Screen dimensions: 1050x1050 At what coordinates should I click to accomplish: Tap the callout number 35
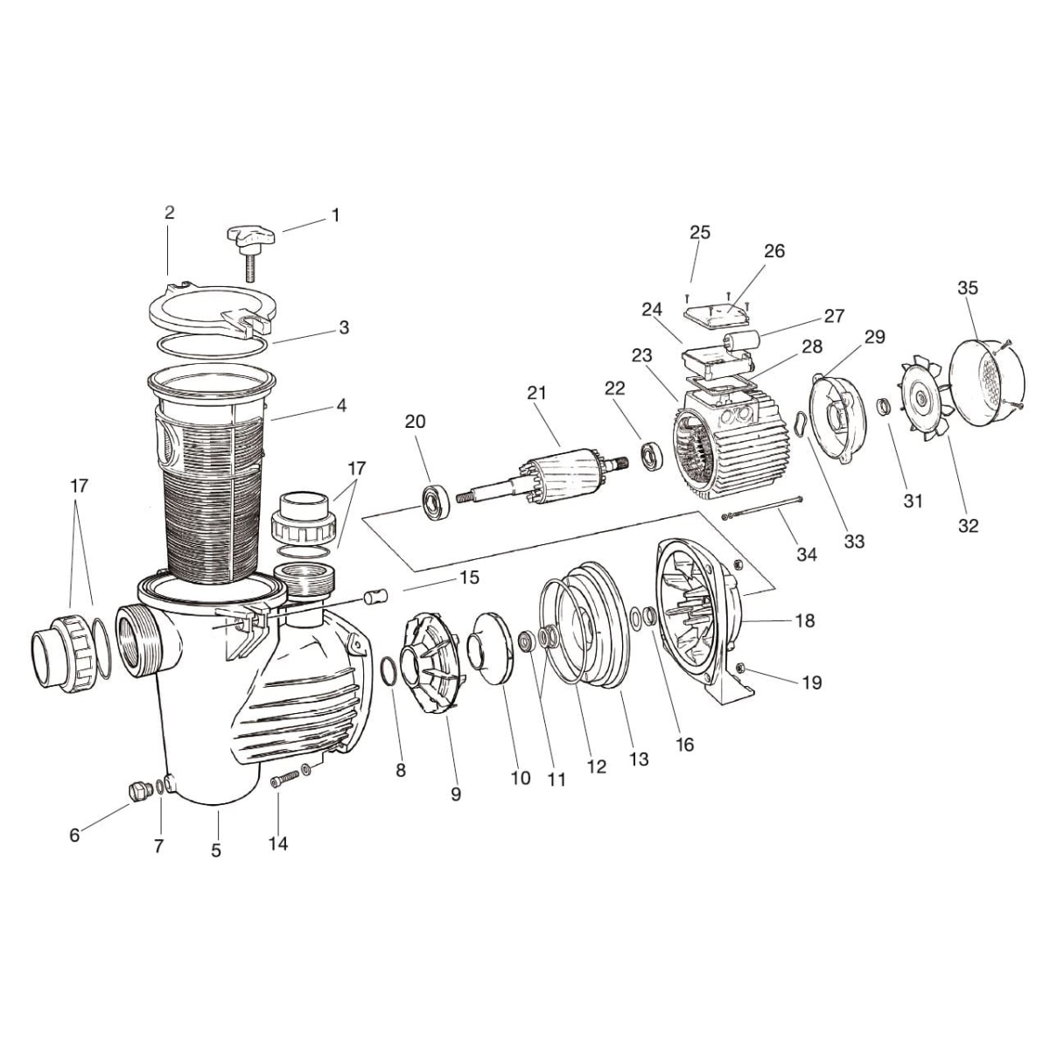968,288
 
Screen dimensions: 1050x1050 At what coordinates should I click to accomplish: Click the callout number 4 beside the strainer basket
341,405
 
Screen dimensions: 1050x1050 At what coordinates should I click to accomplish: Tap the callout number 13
639,759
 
